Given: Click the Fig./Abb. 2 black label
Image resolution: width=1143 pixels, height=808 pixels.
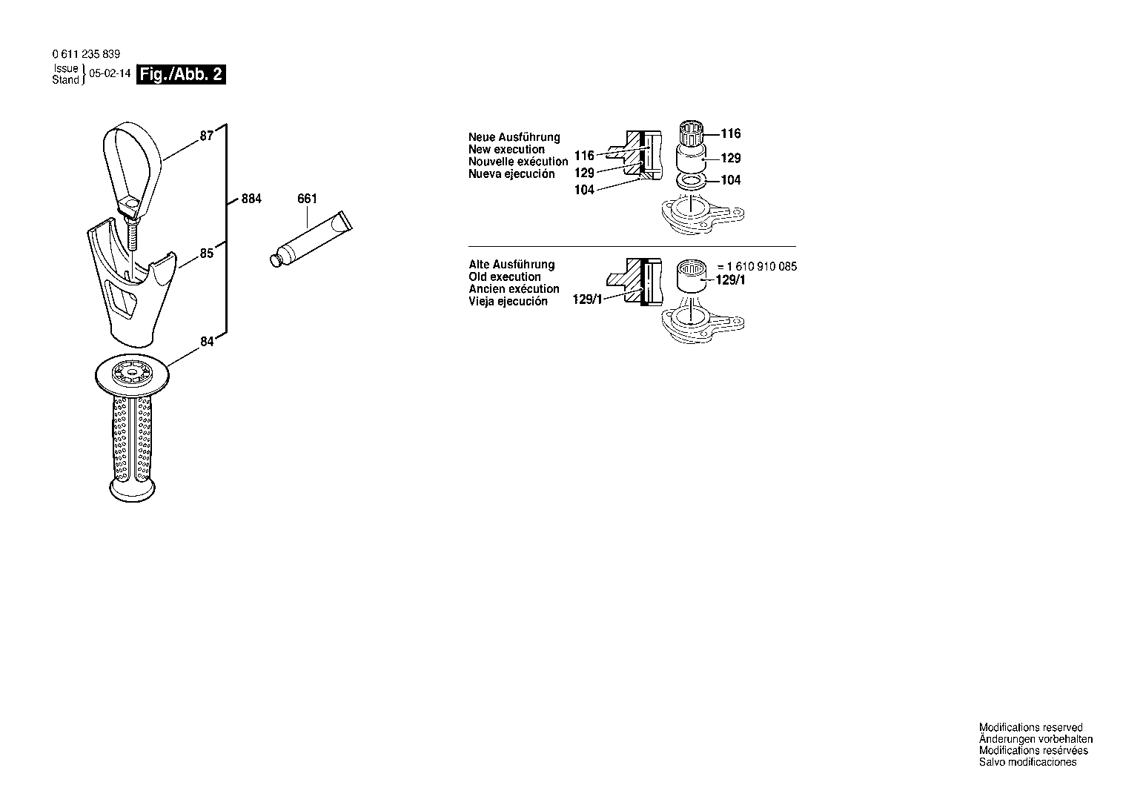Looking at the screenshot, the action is (181, 75).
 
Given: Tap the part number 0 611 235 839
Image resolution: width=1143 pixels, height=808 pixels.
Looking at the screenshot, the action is (86, 54).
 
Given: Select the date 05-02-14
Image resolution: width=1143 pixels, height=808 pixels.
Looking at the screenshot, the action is (110, 73).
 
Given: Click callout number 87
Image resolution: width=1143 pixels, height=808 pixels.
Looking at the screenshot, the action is (207, 136).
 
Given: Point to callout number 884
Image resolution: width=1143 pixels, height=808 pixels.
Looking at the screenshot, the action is (251, 199).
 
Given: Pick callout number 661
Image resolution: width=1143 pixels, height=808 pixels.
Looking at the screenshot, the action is (307, 199).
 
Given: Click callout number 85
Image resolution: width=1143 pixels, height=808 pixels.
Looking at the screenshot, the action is (207, 254).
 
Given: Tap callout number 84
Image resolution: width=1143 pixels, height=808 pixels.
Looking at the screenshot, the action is (207, 342).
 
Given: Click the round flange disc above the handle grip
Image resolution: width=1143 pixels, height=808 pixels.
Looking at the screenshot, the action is (132, 376).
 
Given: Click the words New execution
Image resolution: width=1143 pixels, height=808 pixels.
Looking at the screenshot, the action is (507, 150).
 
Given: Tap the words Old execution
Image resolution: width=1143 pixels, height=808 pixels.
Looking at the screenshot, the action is (505, 276).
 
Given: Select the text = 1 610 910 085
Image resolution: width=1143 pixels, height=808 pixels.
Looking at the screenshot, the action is (757, 266).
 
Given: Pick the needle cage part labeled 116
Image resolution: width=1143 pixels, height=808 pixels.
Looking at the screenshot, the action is (692, 133).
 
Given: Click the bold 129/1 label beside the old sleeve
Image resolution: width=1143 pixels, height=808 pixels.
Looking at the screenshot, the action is (731, 279).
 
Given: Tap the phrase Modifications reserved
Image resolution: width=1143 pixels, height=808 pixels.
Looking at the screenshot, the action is (1031, 727).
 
